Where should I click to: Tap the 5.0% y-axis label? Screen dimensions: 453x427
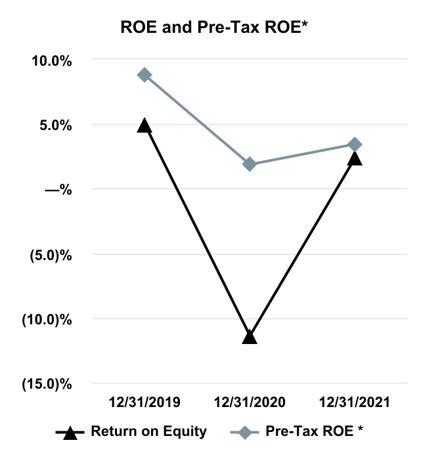pyautogui.click(x=54, y=125)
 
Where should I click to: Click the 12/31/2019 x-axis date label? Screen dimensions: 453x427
pyautogui.click(x=144, y=402)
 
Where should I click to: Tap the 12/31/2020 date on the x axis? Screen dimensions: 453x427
pyautogui.click(x=249, y=402)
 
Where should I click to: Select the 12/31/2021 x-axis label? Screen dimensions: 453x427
pyautogui.click(x=355, y=402)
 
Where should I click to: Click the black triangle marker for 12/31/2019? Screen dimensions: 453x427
pyautogui.click(x=145, y=125)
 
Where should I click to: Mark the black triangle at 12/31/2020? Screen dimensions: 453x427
pyautogui.click(x=250, y=337)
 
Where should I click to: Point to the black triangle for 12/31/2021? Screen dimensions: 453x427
pyautogui.click(x=355, y=158)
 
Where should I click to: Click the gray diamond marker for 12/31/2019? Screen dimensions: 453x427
pyautogui.click(x=145, y=75)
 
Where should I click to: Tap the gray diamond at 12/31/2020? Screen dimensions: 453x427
pyautogui.click(x=250, y=164)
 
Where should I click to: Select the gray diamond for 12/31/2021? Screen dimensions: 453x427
pyautogui.click(x=355, y=144)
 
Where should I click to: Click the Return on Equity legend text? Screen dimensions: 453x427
pyautogui.click(x=149, y=431)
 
